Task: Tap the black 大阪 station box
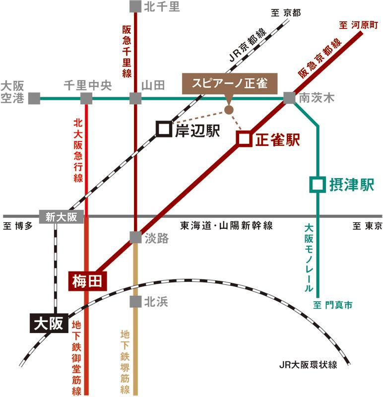coord(48,323)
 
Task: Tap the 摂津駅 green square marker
coord(318,185)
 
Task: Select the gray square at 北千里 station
coord(135,6)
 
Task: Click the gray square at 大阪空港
coord(34,98)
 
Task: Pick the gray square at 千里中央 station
coord(86,98)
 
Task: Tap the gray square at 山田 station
coord(135,98)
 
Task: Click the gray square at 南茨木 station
coord(289,98)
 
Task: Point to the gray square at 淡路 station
coord(135,237)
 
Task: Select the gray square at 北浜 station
coord(135,301)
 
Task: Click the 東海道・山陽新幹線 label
coord(226,226)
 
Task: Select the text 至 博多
coord(17,226)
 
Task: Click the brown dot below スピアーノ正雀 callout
coord(229,110)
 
